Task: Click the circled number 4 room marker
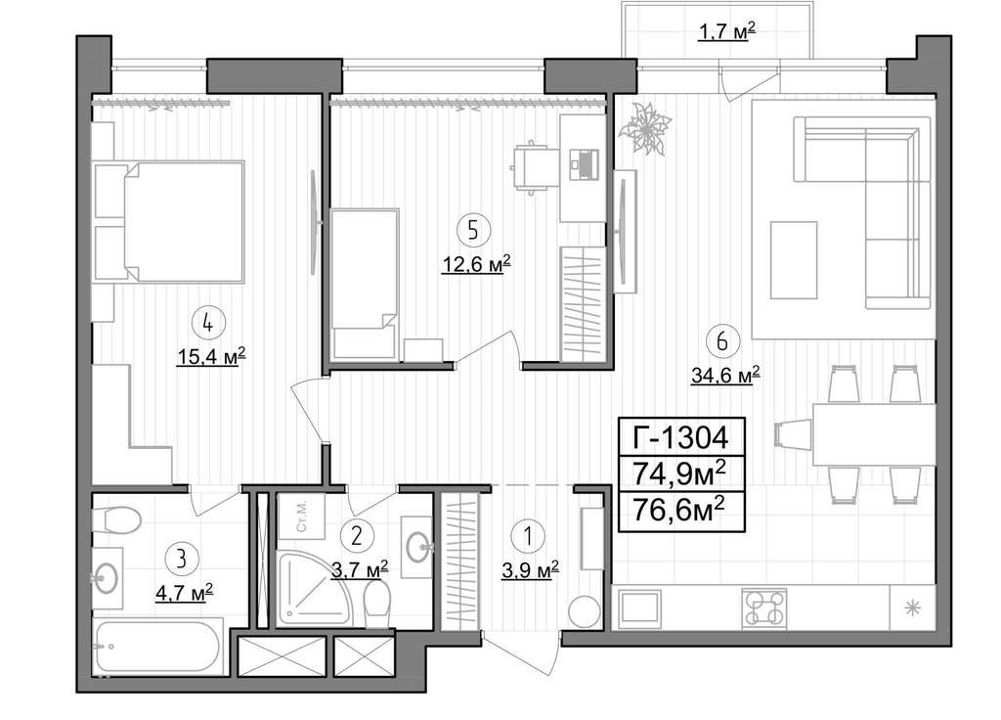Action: (206, 323)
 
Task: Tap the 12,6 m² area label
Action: (476, 264)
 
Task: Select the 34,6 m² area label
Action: (725, 375)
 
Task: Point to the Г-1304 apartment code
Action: (680, 437)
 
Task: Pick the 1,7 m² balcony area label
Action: (726, 30)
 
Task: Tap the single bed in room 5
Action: (365, 284)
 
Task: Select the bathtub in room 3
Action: (159, 646)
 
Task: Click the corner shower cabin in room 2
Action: (314, 588)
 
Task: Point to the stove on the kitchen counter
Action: (764, 608)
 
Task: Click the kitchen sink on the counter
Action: (639, 608)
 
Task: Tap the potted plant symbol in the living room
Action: (645, 128)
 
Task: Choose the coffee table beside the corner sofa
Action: (794, 260)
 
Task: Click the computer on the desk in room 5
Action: (584, 163)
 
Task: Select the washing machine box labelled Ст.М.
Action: (302, 516)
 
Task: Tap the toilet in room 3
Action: (117, 519)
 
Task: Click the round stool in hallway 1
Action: (585, 612)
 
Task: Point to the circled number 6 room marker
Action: (722, 341)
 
